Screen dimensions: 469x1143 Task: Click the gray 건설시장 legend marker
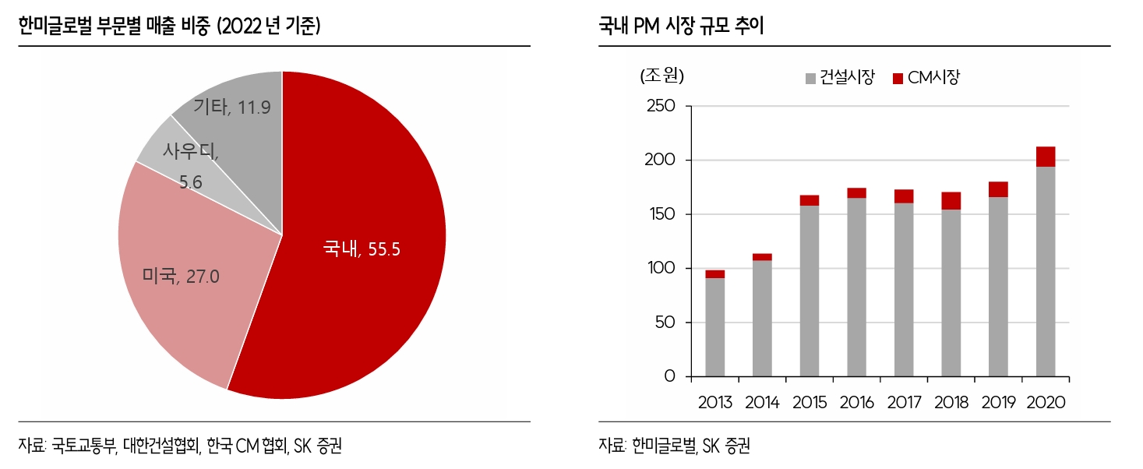point(811,78)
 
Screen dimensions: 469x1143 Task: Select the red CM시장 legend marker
point(897,78)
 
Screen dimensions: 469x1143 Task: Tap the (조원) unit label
point(661,76)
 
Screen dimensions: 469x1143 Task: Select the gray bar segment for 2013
point(714,327)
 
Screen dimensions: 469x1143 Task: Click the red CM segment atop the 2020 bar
point(1046,157)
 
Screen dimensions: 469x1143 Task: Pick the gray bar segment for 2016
point(856,288)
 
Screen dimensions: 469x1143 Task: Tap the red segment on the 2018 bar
point(951,201)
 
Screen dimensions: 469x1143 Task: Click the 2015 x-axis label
point(810,403)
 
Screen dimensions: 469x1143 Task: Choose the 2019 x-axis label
point(998,403)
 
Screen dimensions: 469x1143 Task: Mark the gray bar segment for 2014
point(762,319)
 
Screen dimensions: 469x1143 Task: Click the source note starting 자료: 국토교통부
point(180,446)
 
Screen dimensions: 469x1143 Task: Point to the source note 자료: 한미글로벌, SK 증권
point(675,446)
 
